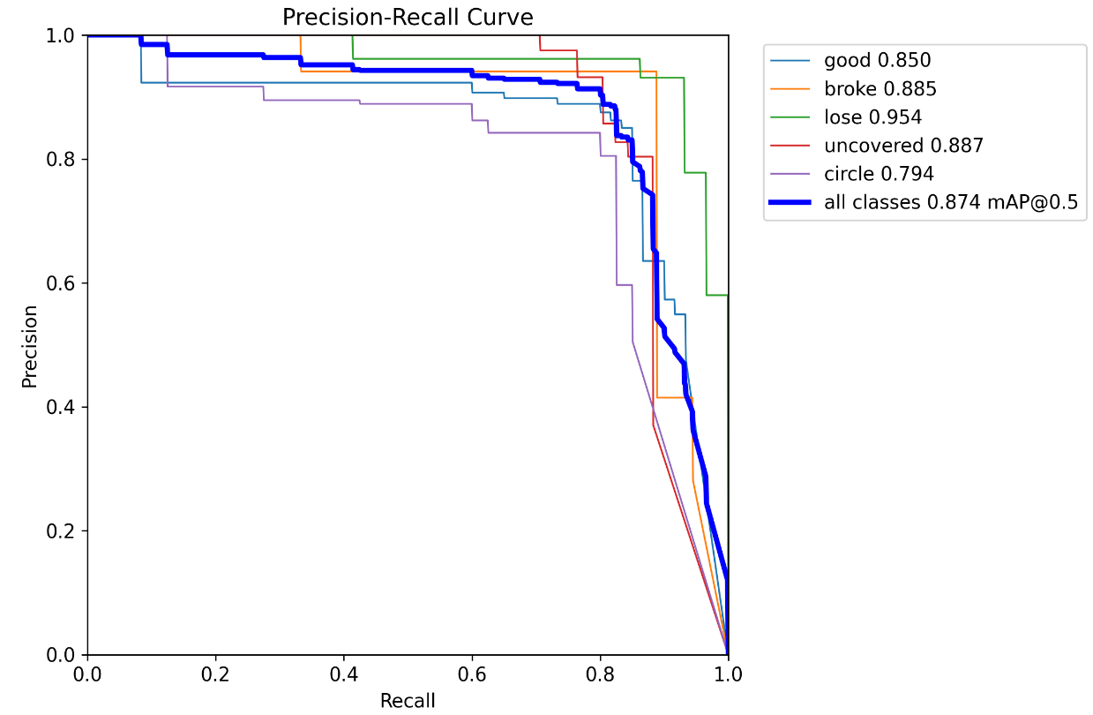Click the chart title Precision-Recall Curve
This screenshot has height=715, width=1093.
coord(408,17)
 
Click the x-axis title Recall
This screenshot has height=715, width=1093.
coord(408,701)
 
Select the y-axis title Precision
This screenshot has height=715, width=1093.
coord(30,345)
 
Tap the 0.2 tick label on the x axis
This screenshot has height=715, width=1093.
coord(215,674)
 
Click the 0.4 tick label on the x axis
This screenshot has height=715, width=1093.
coord(344,674)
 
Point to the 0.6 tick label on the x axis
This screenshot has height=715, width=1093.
coord(472,674)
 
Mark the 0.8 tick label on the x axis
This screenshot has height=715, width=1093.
coord(600,674)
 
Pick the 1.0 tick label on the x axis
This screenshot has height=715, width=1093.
coord(728,674)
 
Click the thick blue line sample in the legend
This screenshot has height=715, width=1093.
coord(790,203)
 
